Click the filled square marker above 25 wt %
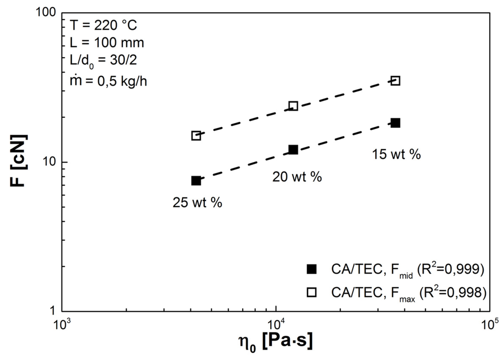[196, 181]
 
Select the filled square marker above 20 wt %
[293, 150]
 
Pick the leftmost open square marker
[196, 136]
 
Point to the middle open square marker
[293, 106]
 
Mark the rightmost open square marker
[395, 81]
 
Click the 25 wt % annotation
[196, 202]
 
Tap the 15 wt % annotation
[396, 154]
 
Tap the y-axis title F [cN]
[19, 162]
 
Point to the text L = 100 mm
[107, 42]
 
